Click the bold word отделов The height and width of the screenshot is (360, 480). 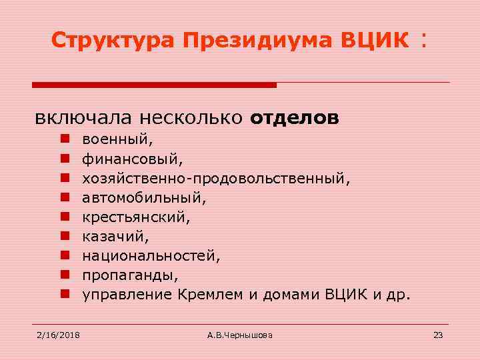(295, 118)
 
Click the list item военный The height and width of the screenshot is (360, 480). (117, 140)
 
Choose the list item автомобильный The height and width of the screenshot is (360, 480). (144, 198)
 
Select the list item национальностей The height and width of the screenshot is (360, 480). (151, 255)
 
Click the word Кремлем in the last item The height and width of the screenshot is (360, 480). (211, 293)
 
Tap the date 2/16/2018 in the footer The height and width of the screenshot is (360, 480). (57, 335)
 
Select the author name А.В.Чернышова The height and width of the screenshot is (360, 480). (240, 335)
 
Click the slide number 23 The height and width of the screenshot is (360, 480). (438, 335)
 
